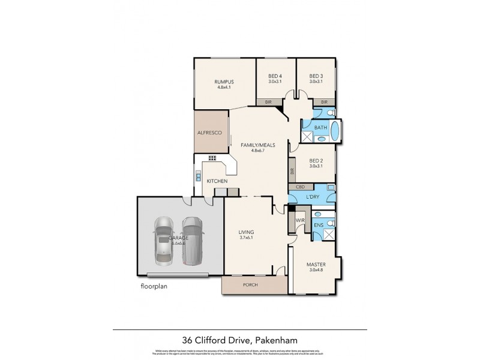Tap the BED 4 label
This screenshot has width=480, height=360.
point(275,76)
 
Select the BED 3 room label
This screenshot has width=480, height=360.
point(316,76)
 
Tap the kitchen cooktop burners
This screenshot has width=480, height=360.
point(212,158)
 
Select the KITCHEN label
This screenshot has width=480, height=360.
point(217,181)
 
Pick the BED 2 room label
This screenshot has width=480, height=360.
point(316,160)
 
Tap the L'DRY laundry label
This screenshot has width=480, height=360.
point(313,197)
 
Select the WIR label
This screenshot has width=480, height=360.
point(301,221)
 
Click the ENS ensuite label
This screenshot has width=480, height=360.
point(319,225)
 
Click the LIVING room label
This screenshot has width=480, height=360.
point(245,232)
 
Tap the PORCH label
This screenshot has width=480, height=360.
point(250,284)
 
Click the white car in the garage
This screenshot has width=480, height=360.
point(164,240)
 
